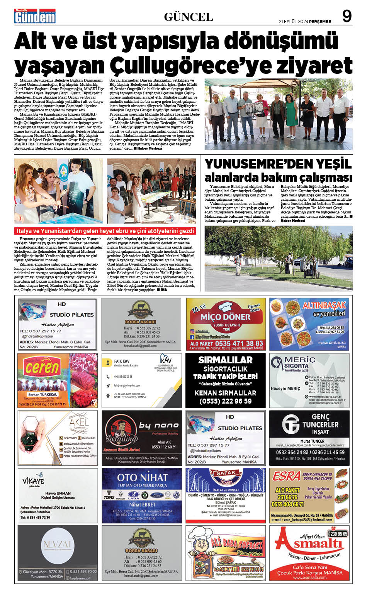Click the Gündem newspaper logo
[x=35, y=16]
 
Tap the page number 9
[x=347, y=16]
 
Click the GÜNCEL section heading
[x=188, y=17]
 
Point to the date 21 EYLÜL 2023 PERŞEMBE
[x=305, y=22]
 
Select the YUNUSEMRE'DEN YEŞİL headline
[x=278, y=164]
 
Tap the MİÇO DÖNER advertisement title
[x=225, y=317]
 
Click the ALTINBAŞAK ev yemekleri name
[x=324, y=309]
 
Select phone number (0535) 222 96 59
[x=226, y=401]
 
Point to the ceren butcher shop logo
[x=42, y=367]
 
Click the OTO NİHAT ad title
[x=142, y=477]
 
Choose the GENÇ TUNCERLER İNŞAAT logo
[x=309, y=424]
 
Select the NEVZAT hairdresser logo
[x=57, y=545]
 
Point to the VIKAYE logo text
[x=34, y=481]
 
